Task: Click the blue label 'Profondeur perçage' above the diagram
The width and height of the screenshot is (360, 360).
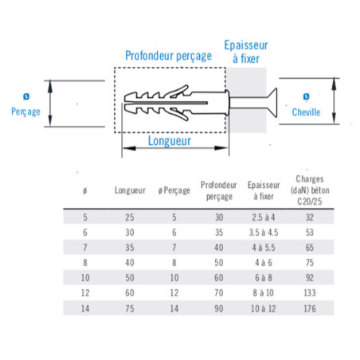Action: coord(168,56)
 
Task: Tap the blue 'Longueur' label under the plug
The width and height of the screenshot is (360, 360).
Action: coord(170,141)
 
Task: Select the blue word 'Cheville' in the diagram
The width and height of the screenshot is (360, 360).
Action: coord(306,112)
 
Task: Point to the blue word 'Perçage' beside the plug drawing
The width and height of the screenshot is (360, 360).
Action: coord(25,112)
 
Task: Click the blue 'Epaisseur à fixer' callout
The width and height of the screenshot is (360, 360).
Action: coord(246,52)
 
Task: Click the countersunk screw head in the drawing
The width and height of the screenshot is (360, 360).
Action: coord(272,103)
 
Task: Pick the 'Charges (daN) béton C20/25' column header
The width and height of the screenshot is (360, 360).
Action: coord(310,190)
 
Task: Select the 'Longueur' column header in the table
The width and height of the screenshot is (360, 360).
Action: coord(130,190)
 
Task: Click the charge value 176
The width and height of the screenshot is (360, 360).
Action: coord(310,308)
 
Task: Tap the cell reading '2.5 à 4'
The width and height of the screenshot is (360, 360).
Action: coord(264,217)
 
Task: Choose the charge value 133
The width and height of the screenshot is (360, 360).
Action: coord(310,293)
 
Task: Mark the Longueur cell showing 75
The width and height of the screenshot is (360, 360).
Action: coord(130,308)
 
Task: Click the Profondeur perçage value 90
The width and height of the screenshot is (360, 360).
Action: coord(219,308)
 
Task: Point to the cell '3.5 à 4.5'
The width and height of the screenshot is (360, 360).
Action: coord(264,233)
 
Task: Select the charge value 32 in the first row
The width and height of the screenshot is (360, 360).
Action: coord(310,217)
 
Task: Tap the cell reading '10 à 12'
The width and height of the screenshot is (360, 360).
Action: coord(264,308)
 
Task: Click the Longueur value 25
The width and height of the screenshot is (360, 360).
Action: coord(130,217)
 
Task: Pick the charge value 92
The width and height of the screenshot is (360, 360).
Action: coord(310,278)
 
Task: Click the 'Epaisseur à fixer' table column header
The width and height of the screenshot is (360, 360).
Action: coord(264,190)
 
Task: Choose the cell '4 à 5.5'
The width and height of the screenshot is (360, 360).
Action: coord(264,248)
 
